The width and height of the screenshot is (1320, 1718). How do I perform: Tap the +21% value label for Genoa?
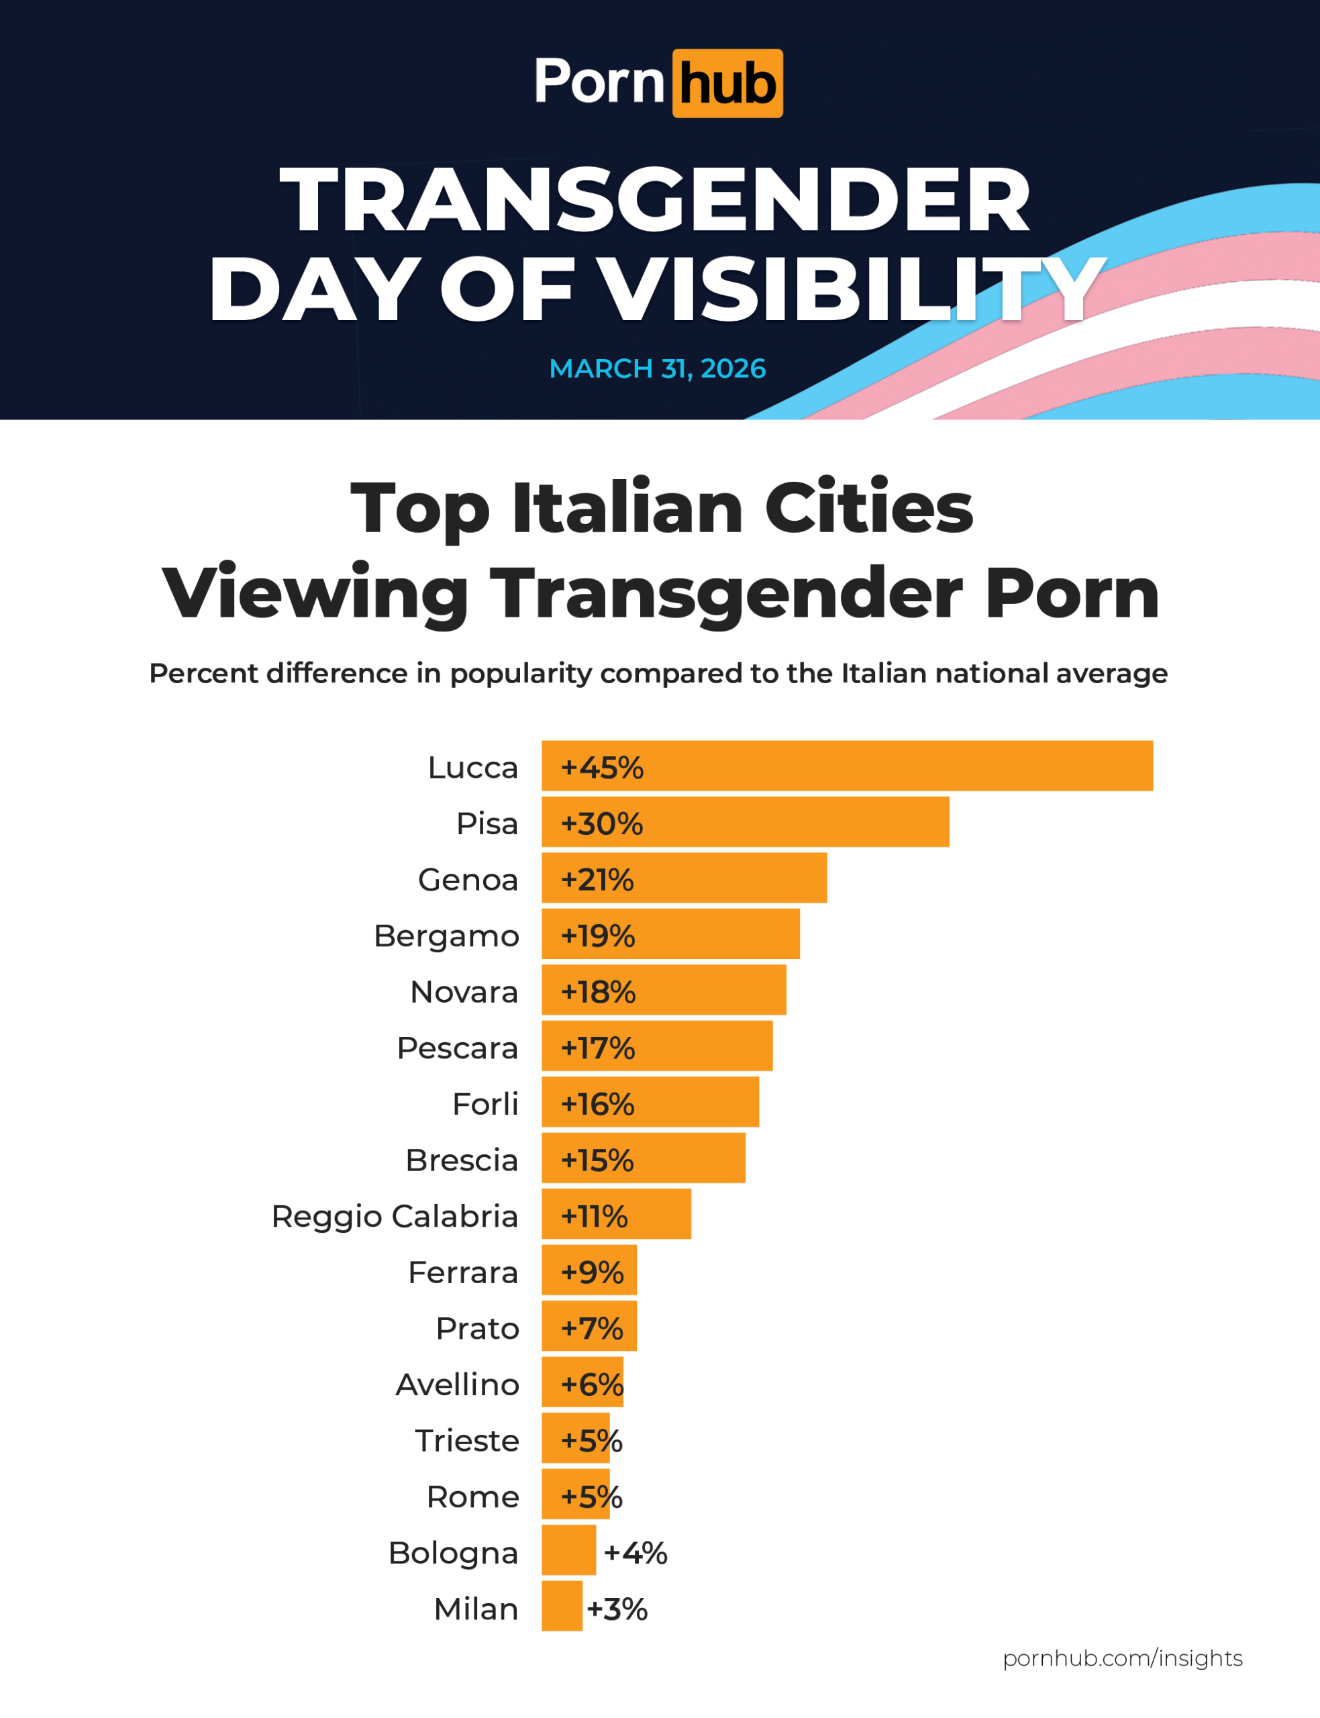coord(597,879)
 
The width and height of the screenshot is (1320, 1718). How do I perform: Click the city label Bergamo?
coord(446,936)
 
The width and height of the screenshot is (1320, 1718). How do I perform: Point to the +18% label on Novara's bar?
coord(598,991)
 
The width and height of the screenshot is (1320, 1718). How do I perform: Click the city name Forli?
coord(486,1104)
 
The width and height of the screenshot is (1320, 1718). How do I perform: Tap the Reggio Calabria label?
coord(395,1215)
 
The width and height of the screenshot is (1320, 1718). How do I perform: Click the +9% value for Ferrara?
coord(593,1272)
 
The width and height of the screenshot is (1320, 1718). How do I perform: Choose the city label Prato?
coord(478,1328)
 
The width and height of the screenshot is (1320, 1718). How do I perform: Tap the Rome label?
coord(473,1497)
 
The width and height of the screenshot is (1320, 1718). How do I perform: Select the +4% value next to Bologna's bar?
coord(636,1552)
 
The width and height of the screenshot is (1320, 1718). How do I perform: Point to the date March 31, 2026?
coord(658,368)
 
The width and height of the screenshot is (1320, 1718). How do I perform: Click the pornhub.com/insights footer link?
coord(1123,1658)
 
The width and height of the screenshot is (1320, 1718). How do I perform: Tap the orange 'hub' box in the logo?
coord(727,83)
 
